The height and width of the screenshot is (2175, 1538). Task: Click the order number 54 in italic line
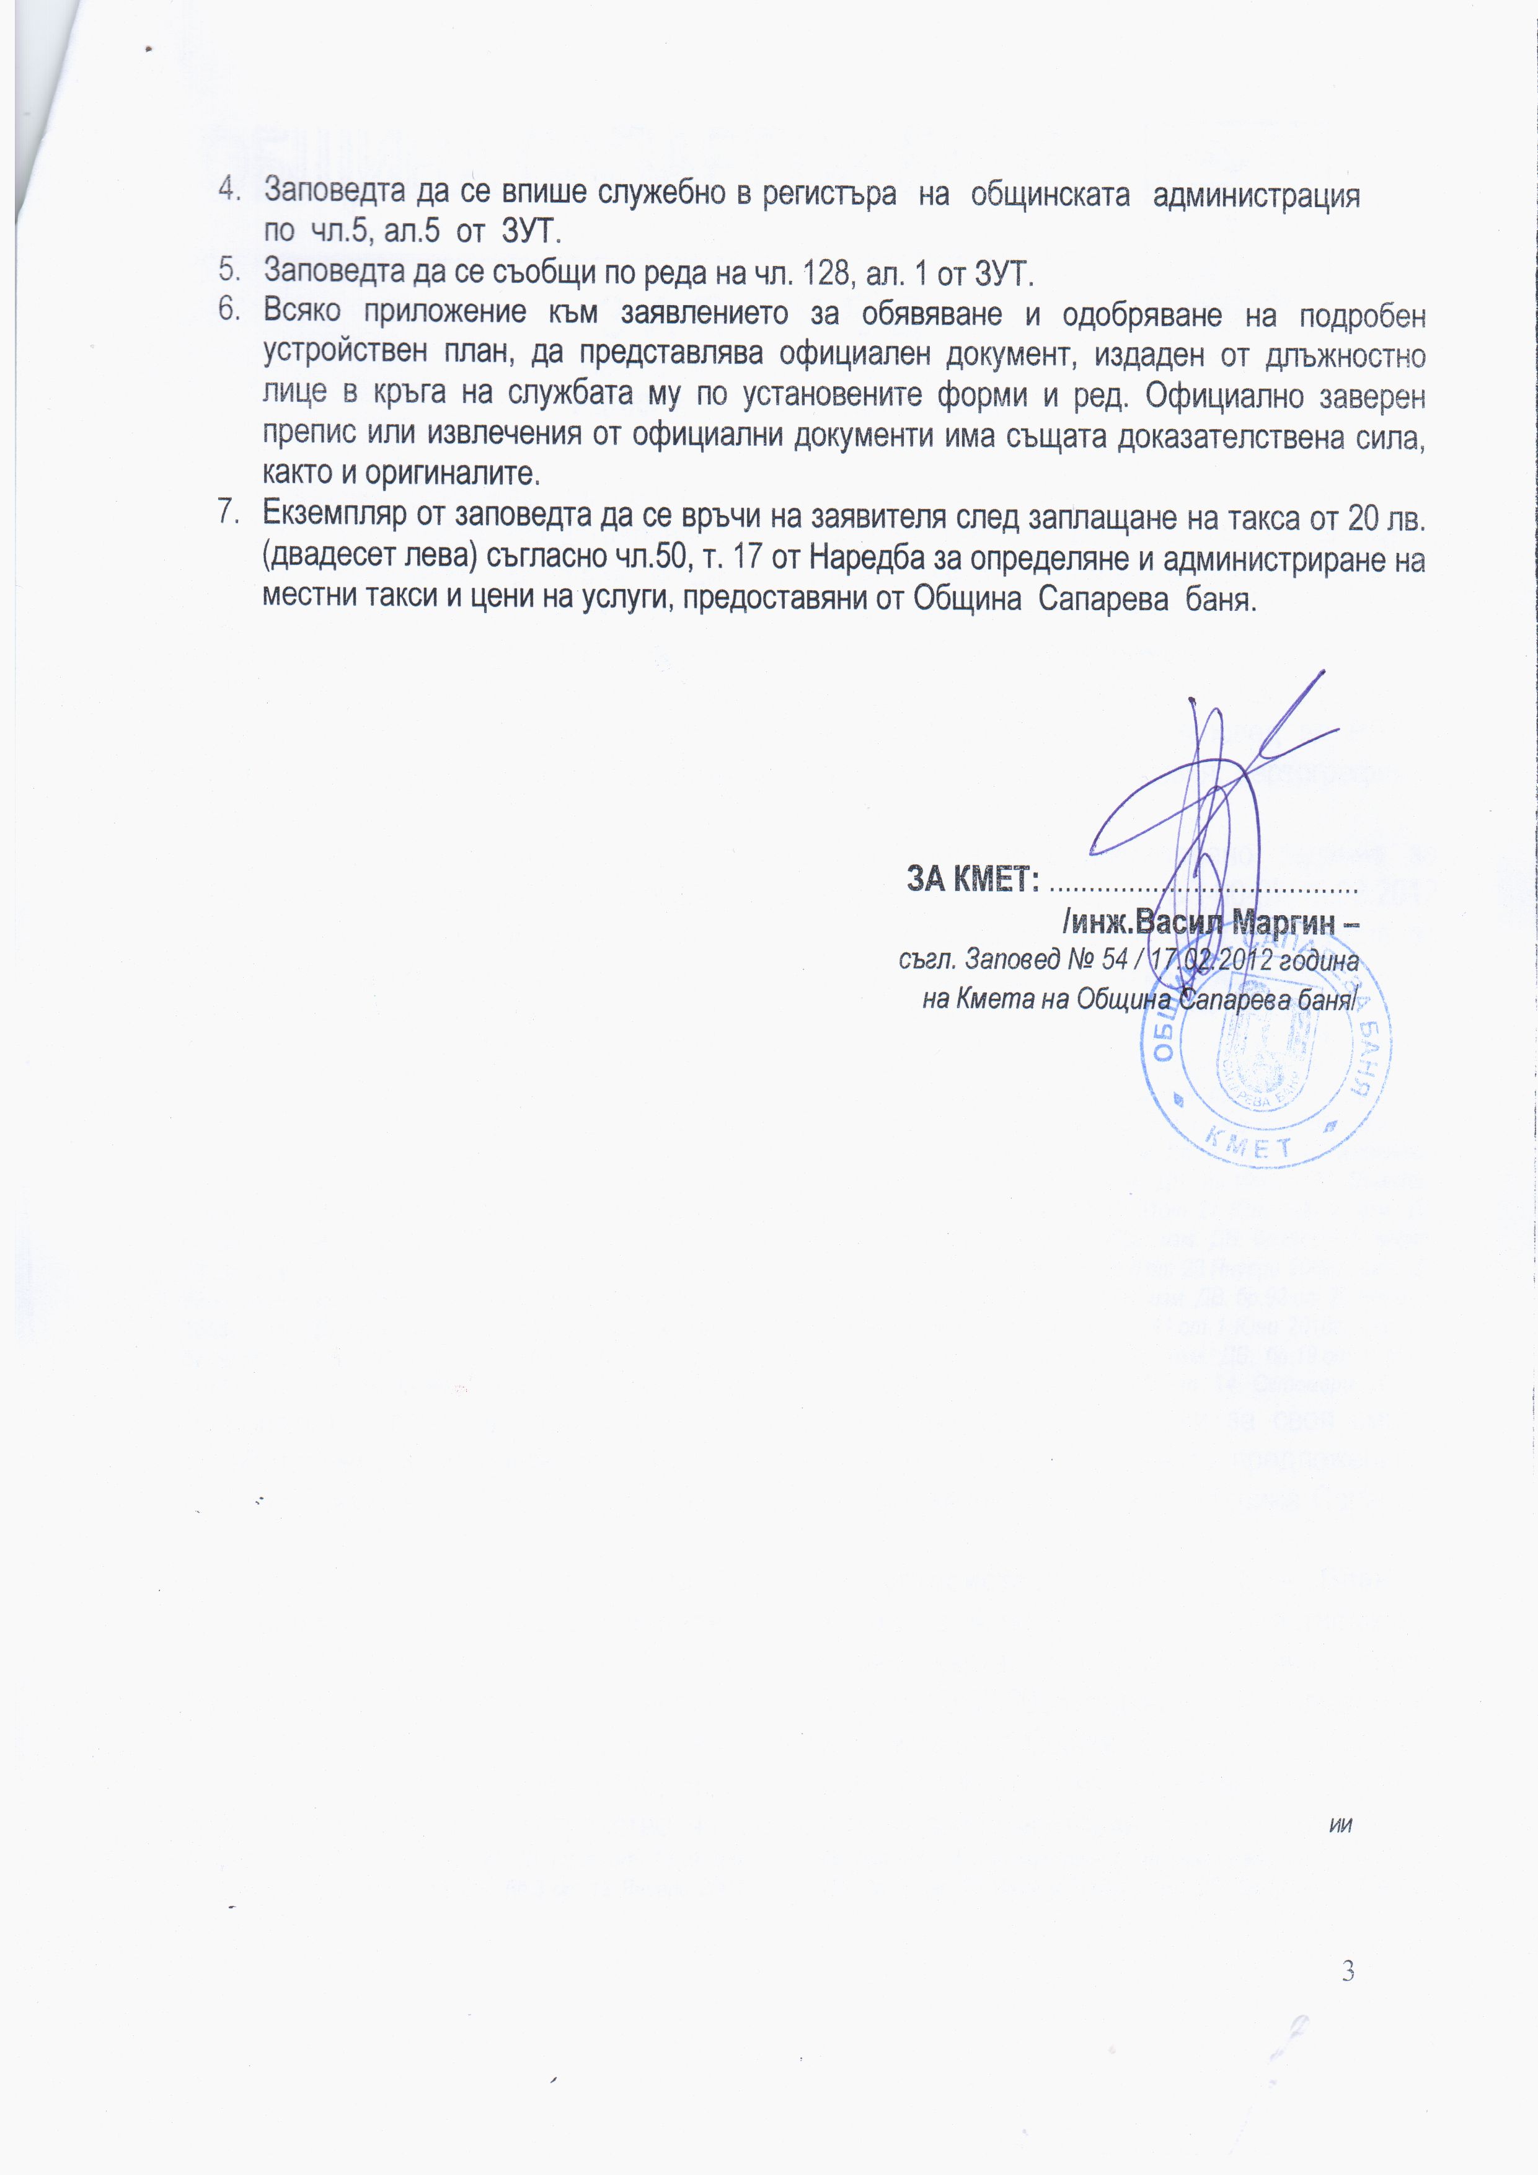click(x=1115, y=960)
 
